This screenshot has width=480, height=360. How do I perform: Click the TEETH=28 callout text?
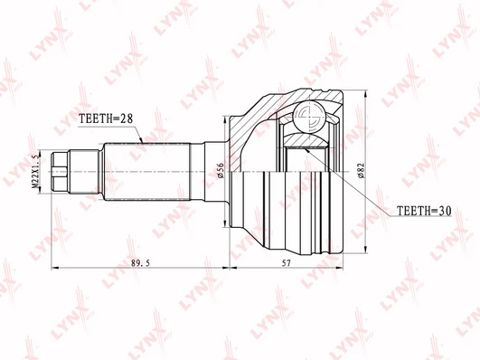pyautogui.click(x=106, y=118)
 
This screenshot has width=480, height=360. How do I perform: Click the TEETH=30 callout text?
pyautogui.click(x=424, y=211)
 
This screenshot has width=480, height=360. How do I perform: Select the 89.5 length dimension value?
pyautogui.click(x=140, y=263)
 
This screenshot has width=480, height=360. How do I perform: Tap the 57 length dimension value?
pyautogui.click(x=286, y=263)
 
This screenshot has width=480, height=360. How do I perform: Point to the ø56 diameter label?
pyautogui.click(x=221, y=171)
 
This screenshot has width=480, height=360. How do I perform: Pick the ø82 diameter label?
pyautogui.click(x=362, y=171)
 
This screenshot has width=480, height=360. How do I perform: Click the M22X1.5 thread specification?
pyautogui.click(x=36, y=171)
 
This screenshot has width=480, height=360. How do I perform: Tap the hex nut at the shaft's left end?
pyautogui.click(x=60, y=172)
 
